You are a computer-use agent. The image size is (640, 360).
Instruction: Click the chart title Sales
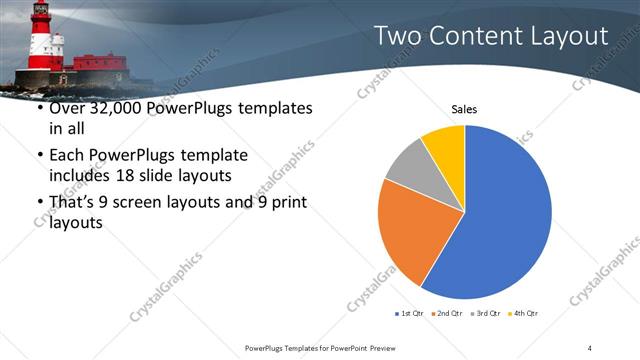(x=464, y=108)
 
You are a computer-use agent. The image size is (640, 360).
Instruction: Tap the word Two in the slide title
(x=397, y=37)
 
